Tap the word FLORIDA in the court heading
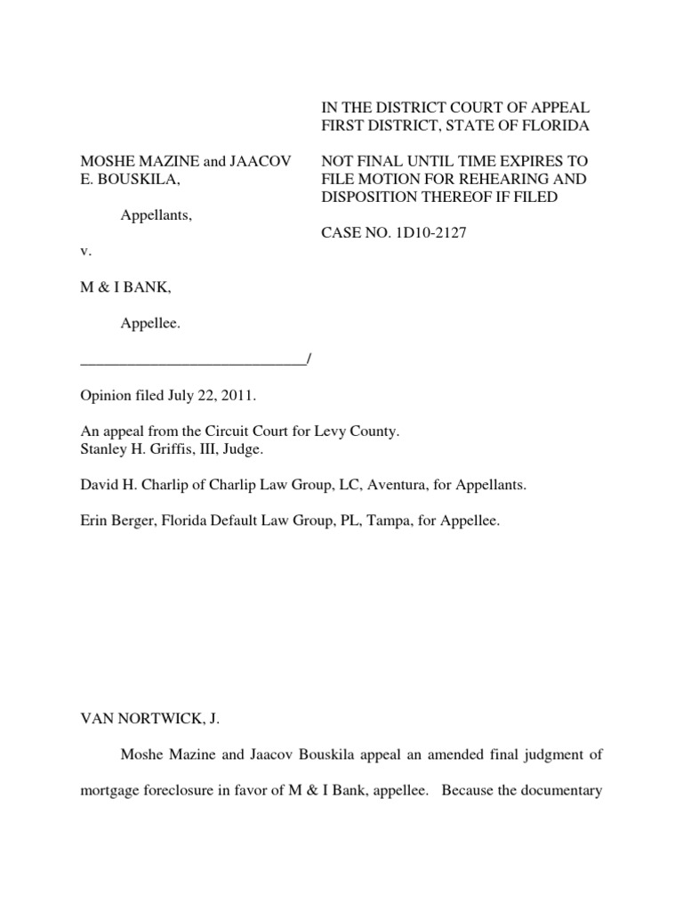click(x=550, y=127)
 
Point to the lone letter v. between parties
click(x=84, y=252)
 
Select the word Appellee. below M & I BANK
click(x=150, y=325)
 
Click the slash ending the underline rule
click(x=307, y=359)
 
